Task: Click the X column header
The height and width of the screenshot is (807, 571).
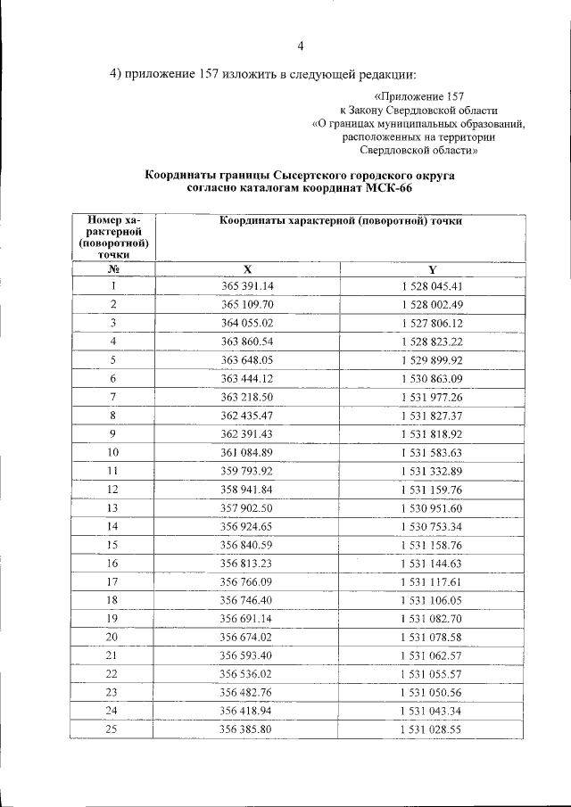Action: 248,269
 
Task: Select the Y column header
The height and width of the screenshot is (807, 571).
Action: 432,269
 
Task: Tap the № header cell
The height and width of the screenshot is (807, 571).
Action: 113,269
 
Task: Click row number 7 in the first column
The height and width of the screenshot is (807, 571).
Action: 113,396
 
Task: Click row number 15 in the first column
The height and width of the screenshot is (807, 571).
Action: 113,544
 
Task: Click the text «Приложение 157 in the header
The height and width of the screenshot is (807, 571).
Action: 418,95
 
